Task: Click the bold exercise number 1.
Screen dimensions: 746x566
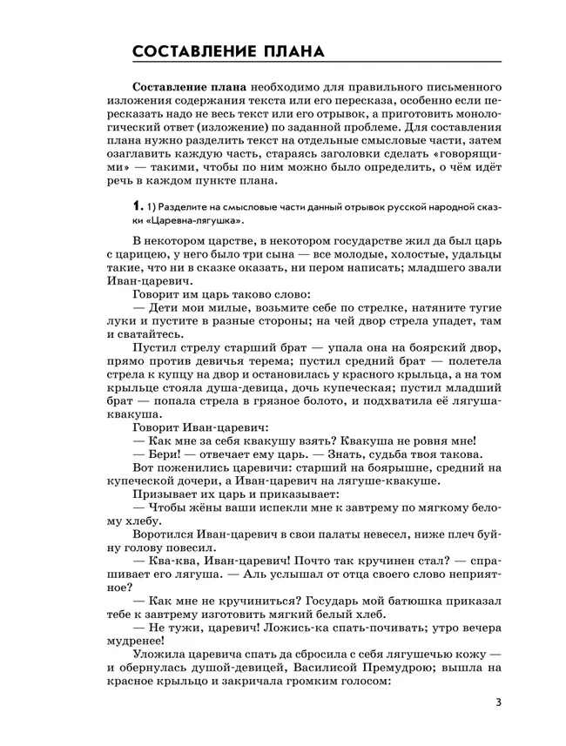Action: point(135,206)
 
